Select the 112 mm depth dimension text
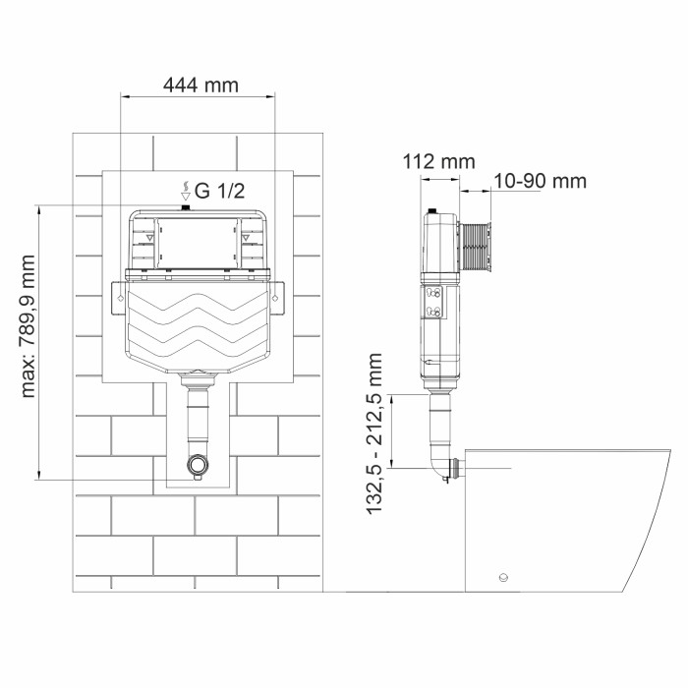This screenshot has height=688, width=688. (438, 161)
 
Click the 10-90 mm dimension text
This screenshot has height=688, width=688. (540, 181)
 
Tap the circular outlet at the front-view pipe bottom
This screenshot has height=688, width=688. (199, 464)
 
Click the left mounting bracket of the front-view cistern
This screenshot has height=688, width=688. (119, 293)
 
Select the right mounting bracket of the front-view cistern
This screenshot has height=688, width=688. (277, 293)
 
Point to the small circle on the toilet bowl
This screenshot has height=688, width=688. (504, 577)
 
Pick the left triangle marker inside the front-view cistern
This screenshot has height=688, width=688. (149, 237)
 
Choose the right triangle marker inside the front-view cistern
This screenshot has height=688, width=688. (246, 237)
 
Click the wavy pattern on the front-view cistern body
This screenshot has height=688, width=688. (198, 325)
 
